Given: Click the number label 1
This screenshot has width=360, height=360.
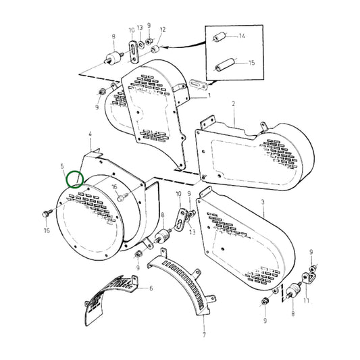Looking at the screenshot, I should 210,97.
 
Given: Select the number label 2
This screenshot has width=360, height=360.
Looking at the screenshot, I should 233,104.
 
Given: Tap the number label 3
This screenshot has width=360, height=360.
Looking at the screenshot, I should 263,202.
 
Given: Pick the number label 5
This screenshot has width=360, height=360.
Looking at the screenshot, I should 62,165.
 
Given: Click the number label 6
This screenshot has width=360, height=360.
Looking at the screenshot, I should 151,288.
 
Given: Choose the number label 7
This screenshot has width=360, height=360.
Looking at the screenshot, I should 203,334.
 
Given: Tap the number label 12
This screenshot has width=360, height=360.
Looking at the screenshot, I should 163,30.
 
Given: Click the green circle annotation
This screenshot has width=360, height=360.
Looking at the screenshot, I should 75,179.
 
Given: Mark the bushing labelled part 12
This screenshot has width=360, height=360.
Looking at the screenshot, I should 155,49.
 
